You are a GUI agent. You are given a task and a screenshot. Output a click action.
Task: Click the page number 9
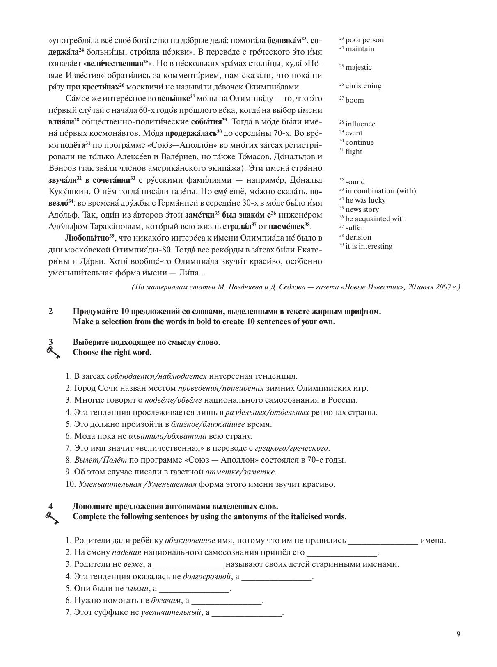[x=458, y=634]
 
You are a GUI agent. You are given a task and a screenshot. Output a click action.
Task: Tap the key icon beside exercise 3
[x=53, y=352]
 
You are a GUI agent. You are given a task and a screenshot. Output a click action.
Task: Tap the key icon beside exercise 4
[x=52, y=518]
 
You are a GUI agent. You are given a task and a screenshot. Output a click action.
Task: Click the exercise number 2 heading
[x=50, y=311]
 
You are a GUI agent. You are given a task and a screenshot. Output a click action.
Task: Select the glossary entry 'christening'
[x=363, y=86]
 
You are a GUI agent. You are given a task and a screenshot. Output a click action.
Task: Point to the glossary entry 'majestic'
[x=358, y=67]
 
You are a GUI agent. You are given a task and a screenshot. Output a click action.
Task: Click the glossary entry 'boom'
[x=354, y=100]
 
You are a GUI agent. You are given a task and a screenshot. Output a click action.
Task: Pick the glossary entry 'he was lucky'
[x=365, y=200]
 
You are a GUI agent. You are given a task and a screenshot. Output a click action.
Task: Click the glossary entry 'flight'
[x=353, y=151]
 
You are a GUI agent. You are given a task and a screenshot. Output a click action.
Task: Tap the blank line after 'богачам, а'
[x=227, y=601]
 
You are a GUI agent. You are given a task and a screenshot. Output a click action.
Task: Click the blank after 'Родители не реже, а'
[x=188, y=564]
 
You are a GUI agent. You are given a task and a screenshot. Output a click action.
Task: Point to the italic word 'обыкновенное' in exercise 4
[x=190, y=541]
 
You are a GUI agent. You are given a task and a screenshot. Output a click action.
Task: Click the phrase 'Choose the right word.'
[x=112, y=352]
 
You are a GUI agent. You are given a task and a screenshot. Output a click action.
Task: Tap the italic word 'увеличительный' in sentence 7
[x=171, y=613]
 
